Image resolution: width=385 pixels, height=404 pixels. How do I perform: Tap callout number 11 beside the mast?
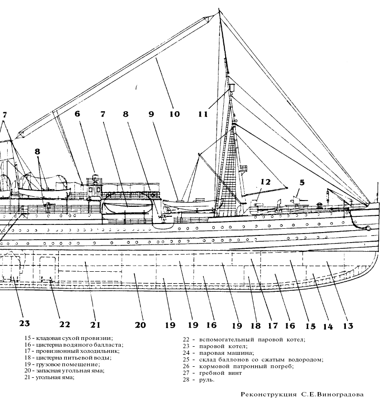203,114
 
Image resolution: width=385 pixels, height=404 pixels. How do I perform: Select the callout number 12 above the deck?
265,181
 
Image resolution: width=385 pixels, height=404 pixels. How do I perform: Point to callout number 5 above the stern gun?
302,182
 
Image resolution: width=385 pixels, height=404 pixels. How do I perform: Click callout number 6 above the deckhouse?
77,114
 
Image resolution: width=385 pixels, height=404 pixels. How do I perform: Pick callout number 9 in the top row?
151,114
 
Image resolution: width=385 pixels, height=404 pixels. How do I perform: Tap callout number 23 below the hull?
24,323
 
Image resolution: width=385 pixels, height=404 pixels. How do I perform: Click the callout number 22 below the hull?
64,325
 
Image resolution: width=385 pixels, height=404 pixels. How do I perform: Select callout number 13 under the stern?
347,326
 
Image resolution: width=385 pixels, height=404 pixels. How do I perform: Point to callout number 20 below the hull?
140,325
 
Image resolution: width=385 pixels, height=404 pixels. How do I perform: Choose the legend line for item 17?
74,351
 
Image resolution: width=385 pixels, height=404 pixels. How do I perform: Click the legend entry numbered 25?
253,360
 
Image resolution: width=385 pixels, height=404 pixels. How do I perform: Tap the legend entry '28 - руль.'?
198,380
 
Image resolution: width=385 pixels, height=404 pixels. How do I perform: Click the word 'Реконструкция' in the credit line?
268,395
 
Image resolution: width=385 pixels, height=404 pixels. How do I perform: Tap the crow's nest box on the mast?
231,88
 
